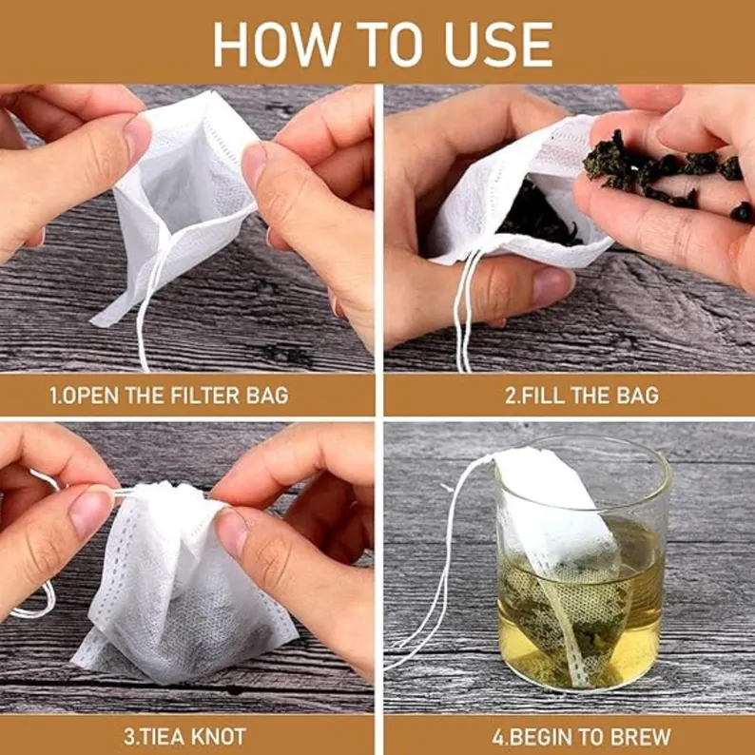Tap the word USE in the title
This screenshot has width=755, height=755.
click(498, 45)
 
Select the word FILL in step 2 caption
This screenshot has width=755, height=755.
click(543, 396)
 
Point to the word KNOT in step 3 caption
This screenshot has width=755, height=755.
click(219, 737)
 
